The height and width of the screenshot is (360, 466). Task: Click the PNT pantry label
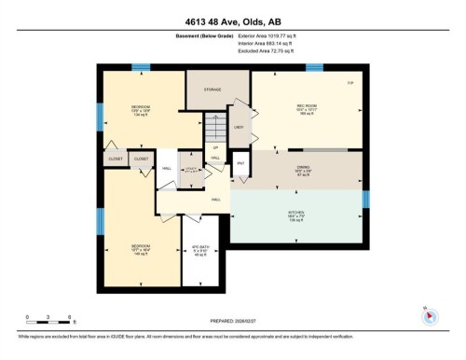[x=240, y=164]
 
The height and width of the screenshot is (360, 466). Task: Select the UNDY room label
[x=239, y=126]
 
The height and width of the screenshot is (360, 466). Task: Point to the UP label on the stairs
[x=216, y=147]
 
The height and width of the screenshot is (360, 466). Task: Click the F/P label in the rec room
[x=350, y=85]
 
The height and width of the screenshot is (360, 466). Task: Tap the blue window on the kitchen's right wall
[x=365, y=199]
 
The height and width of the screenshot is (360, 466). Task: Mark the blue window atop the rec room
[x=314, y=66]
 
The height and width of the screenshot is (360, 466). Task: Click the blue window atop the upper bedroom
[x=140, y=66]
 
